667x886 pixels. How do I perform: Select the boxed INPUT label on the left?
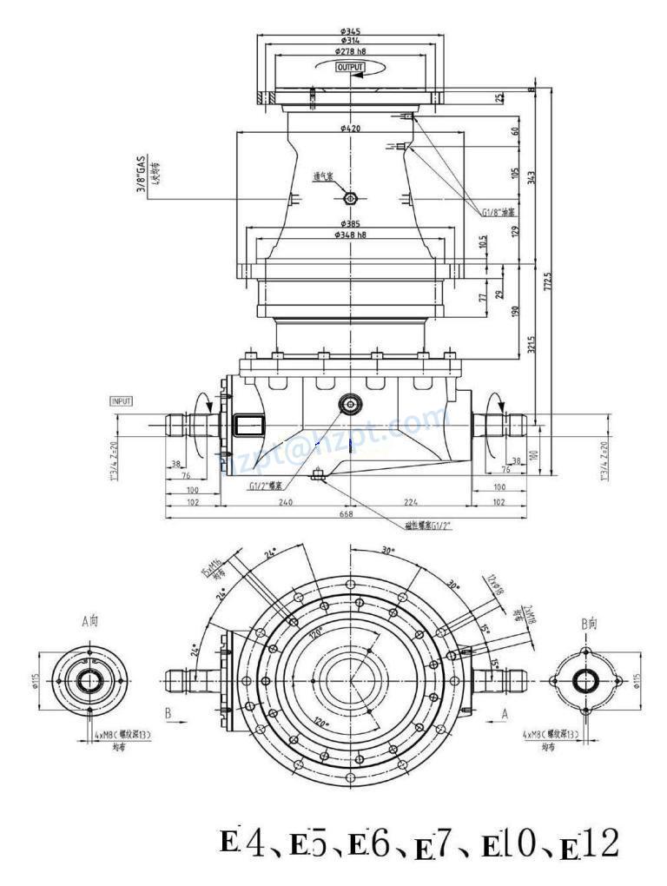coord(121,401)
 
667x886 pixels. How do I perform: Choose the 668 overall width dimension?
coord(346,513)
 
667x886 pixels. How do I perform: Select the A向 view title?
coord(90,621)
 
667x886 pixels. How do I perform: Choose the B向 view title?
coord(588,624)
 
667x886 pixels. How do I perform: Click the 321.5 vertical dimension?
coord(531,345)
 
